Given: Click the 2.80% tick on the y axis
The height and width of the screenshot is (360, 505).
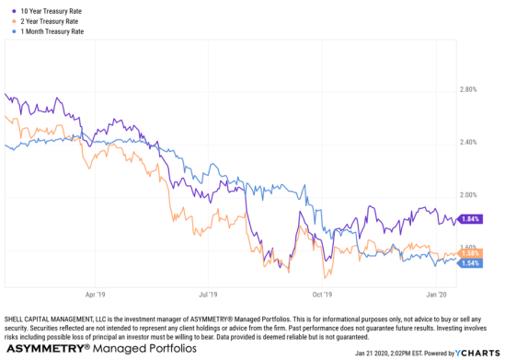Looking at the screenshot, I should pyautogui.click(x=469, y=90).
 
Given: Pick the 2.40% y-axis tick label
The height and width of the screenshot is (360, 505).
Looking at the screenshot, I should pyautogui.click(x=469, y=143).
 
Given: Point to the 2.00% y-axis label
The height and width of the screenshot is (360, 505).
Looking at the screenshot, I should pyautogui.click(x=469, y=195).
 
